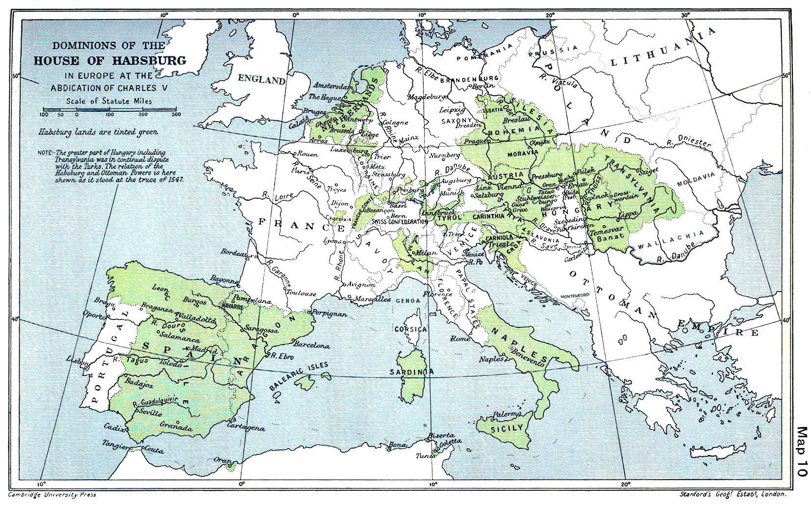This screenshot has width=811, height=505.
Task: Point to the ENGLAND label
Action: (x=261, y=80)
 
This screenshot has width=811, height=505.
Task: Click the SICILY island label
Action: (x=507, y=428)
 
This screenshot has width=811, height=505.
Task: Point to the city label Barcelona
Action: (x=310, y=345)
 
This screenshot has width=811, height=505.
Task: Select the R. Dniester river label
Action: (x=689, y=141)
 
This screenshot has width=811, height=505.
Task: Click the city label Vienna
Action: (x=511, y=187)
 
